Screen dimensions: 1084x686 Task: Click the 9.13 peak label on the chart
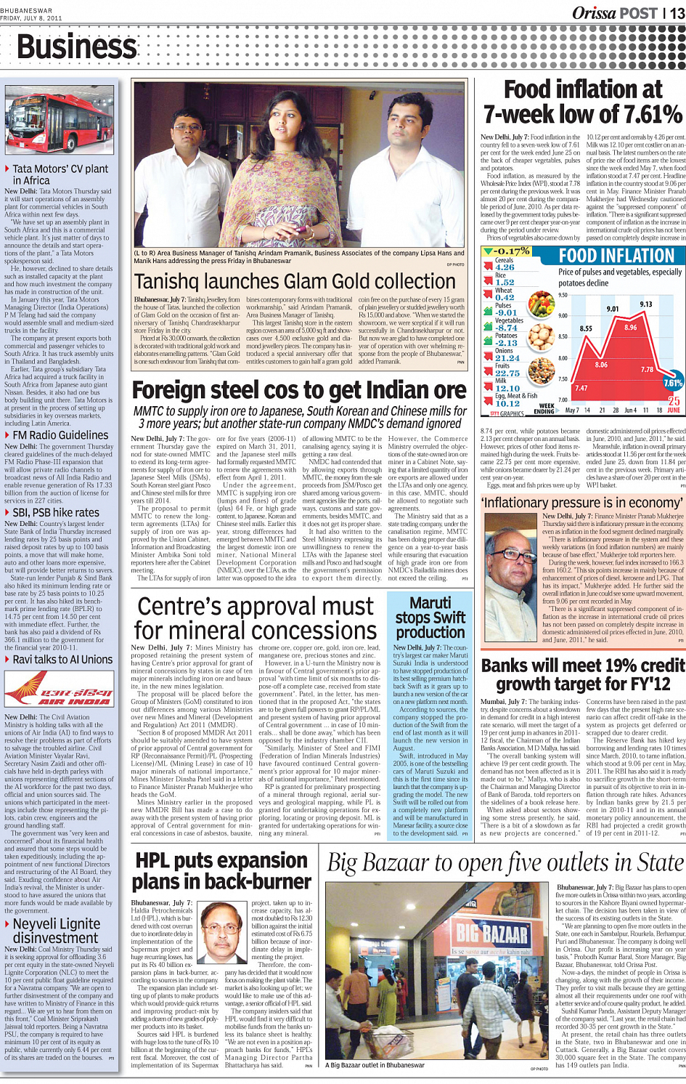coord(645,304)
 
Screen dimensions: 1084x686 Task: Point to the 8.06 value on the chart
coord(601,365)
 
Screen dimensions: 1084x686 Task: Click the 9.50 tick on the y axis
coord(563,295)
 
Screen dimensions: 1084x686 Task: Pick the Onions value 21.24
coord(507,358)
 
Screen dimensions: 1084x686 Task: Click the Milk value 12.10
coord(507,388)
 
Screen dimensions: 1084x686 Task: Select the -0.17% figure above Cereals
coord(509,251)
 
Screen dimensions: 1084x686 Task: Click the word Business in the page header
coord(76,47)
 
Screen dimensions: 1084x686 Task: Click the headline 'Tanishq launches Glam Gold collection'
coord(295,282)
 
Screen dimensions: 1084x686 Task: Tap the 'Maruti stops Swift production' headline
coord(430,618)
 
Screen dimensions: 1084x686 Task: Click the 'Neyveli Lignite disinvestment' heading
coord(56,931)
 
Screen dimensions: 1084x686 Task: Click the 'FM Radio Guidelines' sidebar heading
coord(60,435)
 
